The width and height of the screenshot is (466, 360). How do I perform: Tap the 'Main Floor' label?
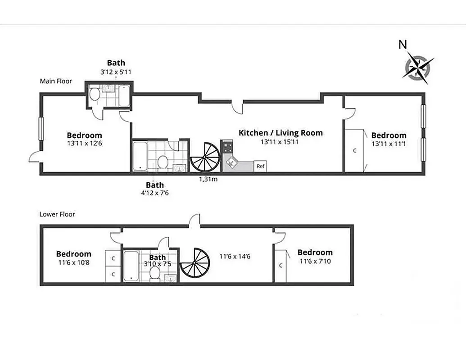point(56,81)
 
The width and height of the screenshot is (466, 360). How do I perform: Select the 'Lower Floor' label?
point(57,214)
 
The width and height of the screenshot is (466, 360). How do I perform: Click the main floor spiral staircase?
point(205,157)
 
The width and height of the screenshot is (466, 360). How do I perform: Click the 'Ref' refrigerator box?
point(260,166)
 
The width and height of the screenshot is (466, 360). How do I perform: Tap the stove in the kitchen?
point(227,147)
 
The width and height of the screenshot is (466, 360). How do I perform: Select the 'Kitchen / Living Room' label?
point(281,133)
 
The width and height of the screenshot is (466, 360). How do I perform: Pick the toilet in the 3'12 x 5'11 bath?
point(95,94)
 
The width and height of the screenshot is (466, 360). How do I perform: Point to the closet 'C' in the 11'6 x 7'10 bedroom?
point(281,265)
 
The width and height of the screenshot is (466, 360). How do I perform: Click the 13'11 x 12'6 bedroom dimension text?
point(84,144)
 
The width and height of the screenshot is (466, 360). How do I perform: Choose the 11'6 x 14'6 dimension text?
point(235,256)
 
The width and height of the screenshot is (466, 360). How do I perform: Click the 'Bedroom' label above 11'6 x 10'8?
point(73,254)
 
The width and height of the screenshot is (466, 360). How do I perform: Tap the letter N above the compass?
point(403,45)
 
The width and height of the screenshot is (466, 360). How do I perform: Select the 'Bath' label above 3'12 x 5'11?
point(116,63)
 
